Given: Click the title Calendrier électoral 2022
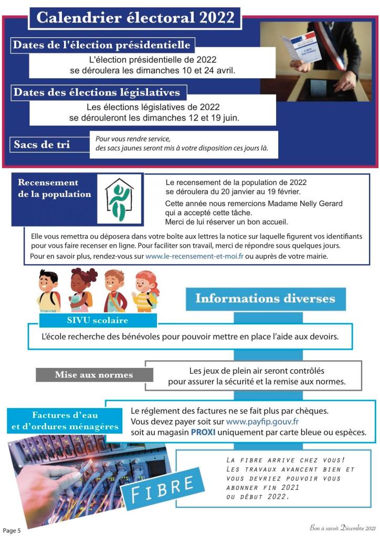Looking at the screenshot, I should pyautogui.click(x=135, y=18).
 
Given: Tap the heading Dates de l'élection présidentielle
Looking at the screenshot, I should pyautogui.click(x=101, y=45).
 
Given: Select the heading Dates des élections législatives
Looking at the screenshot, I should pyautogui.click(x=97, y=93).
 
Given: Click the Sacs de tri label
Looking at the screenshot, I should pyautogui.click(x=42, y=144).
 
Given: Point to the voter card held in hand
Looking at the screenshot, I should pyautogui.click(x=297, y=51).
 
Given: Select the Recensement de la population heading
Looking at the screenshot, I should pyautogui.click(x=55, y=189).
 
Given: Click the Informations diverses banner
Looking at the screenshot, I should pyautogui.click(x=265, y=299).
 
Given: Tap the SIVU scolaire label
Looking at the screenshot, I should pyautogui.click(x=98, y=320).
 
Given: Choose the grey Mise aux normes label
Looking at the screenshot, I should pyautogui.click(x=94, y=375).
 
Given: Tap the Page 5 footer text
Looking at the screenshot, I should pyautogui.click(x=12, y=530).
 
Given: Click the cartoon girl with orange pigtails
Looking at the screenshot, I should pyautogui.click(x=145, y=291).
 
